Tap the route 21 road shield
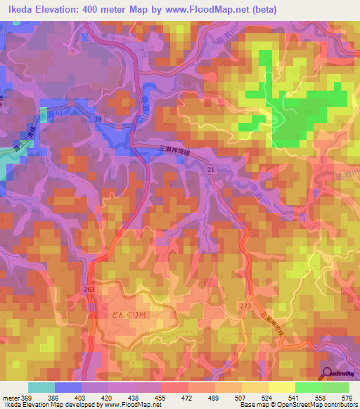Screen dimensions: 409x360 pyautogui.click(x=210, y=171)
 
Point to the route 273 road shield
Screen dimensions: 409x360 pyautogui.click(x=245, y=306)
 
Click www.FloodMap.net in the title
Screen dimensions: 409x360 pyautogui.click(x=202, y=9)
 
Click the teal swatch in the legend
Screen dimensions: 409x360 pyautogui.click(x=41, y=387)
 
